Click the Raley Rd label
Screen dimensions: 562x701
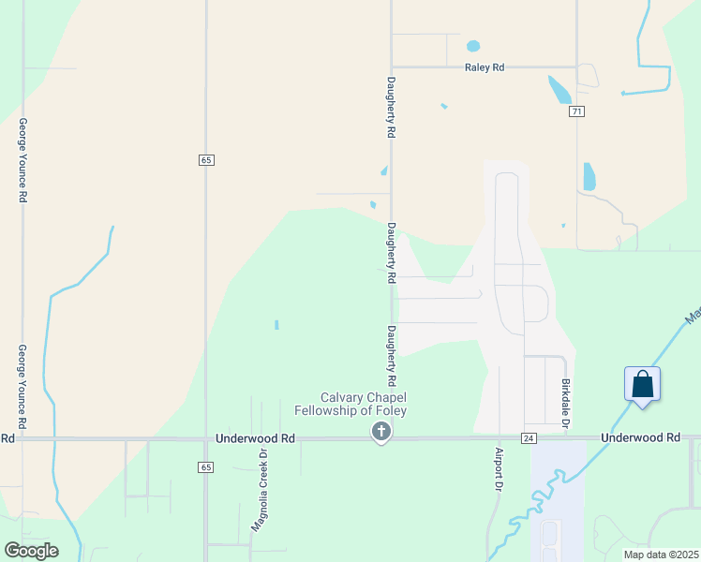pyautogui.click(x=485, y=67)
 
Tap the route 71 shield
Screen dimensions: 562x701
pyautogui.click(x=576, y=111)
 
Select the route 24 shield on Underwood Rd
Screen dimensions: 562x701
pyautogui.click(x=529, y=438)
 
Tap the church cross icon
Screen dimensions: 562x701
pyautogui.click(x=380, y=432)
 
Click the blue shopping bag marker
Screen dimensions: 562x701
pyautogui.click(x=642, y=384)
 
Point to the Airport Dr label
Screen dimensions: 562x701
pyautogui.click(x=499, y=469)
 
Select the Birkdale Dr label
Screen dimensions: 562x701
pyautogui.click(x=565, y=405)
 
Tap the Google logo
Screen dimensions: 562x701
pyautogui.click(x=31, y=550)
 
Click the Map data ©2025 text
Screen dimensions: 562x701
pyautogui.click(x=660, y=555)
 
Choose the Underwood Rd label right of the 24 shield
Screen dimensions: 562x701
pyautogui.click(x=640, y=437)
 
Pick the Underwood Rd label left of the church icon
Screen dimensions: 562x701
pyautogui.click(x=255, y=437)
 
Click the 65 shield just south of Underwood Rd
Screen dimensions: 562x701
pyautogui.click(x=206, y=466)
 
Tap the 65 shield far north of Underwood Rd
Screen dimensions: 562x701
pyautogui.click(x=206, y=160)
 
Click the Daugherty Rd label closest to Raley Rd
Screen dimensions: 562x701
pyautogui.click(x=391, y=109)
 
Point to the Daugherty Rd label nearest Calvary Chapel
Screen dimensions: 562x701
pyautogui.click(x=391, y=356)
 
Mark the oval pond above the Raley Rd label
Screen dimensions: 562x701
pyautogui.click(x=473, y=46)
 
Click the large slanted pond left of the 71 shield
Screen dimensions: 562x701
pyautogui.click(x=559, y=89)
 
